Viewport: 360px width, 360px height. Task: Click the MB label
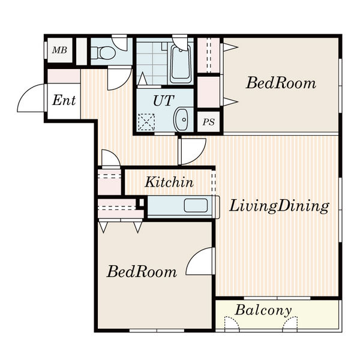click(x=59, y=50)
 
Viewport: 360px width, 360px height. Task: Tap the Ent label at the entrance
click(x=64, y=100)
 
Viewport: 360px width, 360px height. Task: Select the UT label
click(x=163, y=101)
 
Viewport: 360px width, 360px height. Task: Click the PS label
click(x=208, y=122)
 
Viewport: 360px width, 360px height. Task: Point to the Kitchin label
click(x=169, y=182)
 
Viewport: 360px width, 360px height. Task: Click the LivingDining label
click(x=279, y=206)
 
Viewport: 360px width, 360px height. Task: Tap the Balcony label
click(x=263, y=310)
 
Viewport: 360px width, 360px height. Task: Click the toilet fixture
click(x=103, y=53)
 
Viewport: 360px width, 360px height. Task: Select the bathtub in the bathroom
click(x=181, y=64)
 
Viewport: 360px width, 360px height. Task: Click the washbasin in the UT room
click(x=181, y=119)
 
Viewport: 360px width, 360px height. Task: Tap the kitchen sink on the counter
click(x=196, y=205)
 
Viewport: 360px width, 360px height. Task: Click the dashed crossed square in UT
click(x=146, y=122)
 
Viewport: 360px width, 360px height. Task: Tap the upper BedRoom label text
click(x=281, y=83)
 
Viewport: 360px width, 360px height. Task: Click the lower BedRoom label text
click(x=142, y=272)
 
